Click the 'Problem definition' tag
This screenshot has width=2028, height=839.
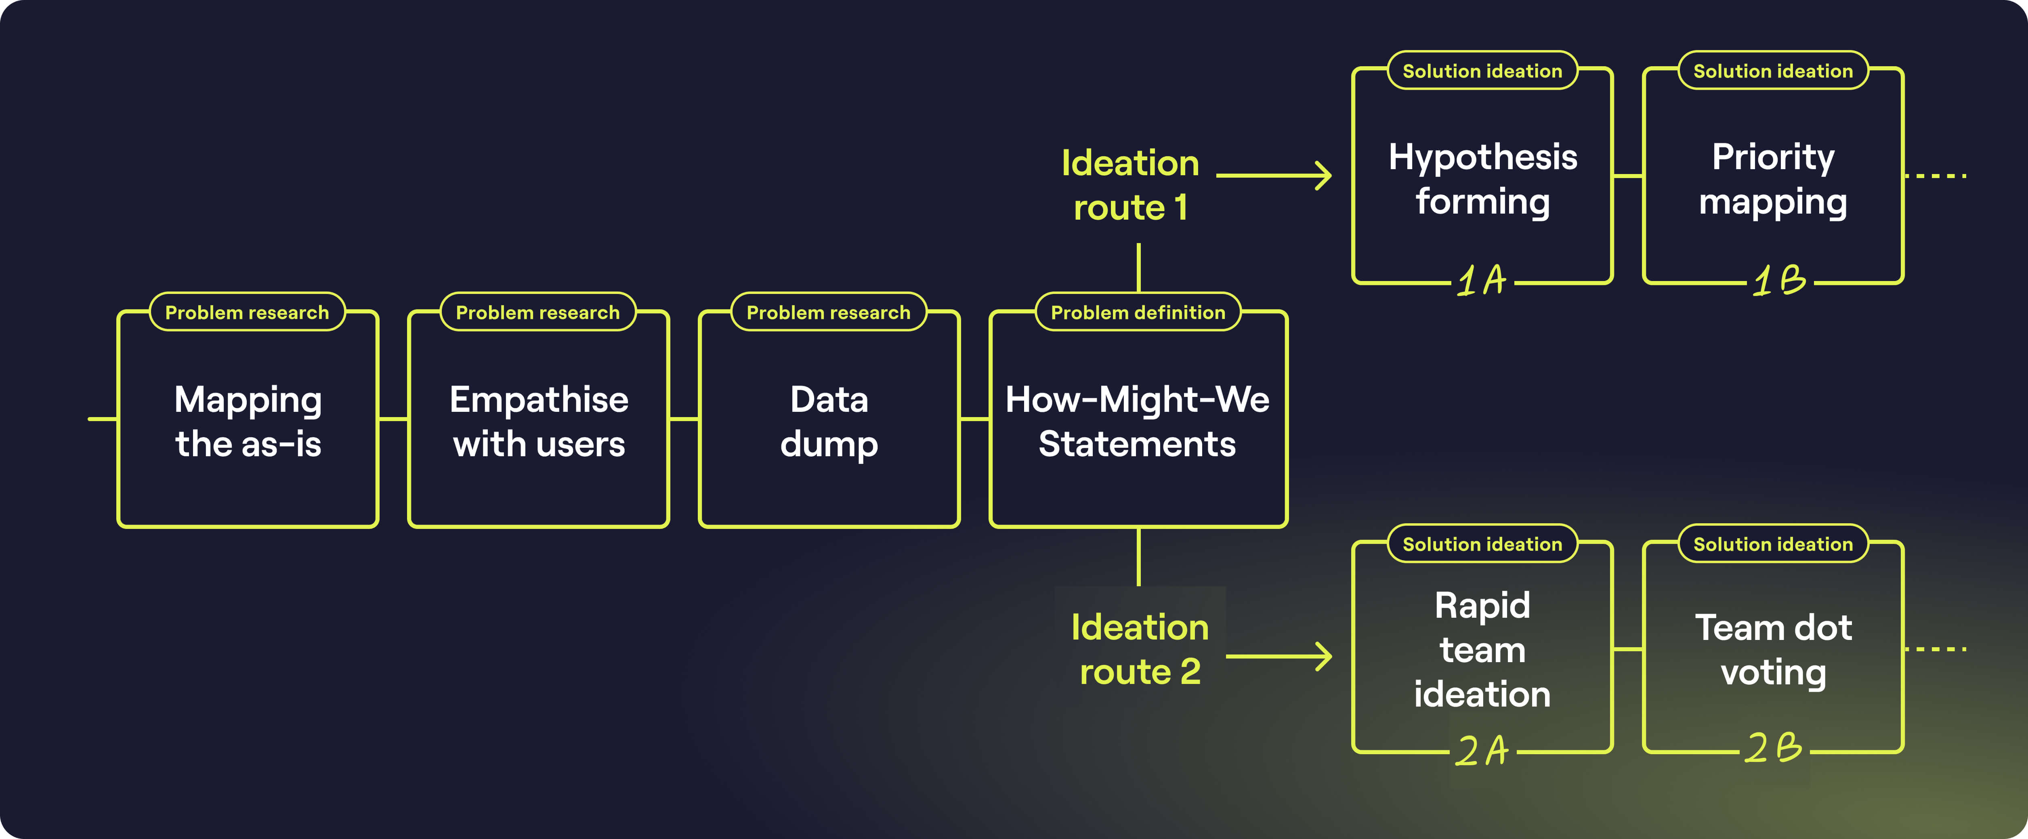(x=1138, y=313)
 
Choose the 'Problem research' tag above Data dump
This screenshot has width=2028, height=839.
(x=828, y=313)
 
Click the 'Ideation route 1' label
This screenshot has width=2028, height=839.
(x=1131, y=185)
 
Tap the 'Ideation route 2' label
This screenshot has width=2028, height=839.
(x=1140, y=649)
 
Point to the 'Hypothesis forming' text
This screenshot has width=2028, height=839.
(x=1482, y=179)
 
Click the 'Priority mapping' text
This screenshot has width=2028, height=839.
(x=1773, y=179)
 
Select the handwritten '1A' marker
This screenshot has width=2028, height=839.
(x=1482, y=280)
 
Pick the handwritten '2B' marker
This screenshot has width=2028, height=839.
(x=1773, y=748)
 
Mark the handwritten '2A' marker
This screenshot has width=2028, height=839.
(x=1482, y=750)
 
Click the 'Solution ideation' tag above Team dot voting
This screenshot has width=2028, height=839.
(x=1773, y=544)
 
